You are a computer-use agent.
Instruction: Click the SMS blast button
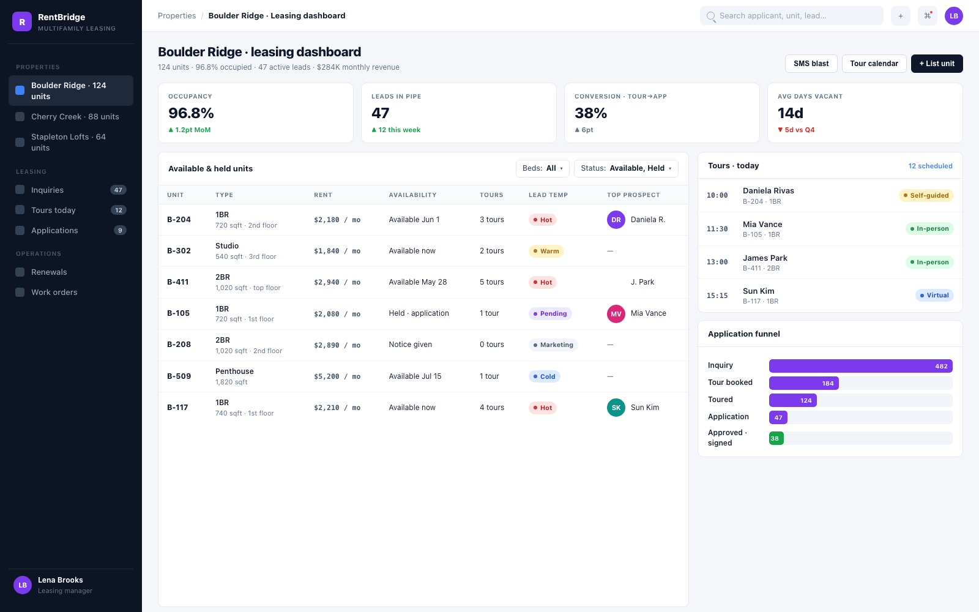[x=811, y=64]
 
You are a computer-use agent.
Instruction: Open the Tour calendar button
[x=874, y=64]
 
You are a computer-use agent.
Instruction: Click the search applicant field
[x=792, y=16]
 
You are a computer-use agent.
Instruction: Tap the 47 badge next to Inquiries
[x=118, y=190]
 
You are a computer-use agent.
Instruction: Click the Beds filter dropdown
[x=542, y=168]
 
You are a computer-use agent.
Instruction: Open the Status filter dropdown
[x=626, y=168]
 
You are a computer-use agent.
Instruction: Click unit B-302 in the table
[x=179, y=251]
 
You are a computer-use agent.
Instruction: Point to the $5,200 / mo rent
[x=337, y=376]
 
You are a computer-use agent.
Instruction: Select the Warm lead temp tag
[x=546, y=251]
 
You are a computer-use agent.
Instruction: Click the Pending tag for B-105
[x=550, y=313]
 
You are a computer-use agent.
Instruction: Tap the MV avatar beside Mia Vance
[x=616, y=314]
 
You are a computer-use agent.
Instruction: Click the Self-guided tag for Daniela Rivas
[x=926, y=195]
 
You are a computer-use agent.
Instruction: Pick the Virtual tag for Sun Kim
[x=934, y=295]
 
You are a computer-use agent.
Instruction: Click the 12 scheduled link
[x=930, y=166]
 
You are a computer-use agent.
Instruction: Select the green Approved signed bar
[x=776, y=438]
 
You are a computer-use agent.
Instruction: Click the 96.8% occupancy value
[x=191, y=113]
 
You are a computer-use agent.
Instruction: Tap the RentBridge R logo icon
[x=22, y=21]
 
